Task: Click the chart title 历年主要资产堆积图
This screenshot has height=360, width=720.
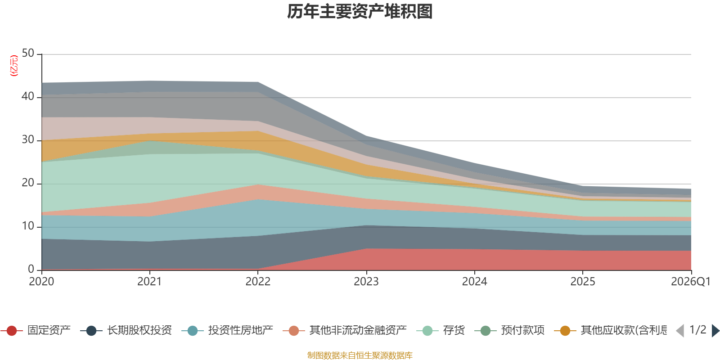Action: tap(360, 12)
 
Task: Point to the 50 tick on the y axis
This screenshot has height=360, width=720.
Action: tap(28, 53)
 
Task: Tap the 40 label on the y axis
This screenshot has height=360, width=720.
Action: tap(28, 96)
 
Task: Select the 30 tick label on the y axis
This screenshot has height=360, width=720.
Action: tap(28, 139)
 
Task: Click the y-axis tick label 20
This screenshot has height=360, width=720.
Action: tap(28, 183)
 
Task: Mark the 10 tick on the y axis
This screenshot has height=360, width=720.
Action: tap(28, 226)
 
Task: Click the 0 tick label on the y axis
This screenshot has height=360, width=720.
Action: tap(31, 269)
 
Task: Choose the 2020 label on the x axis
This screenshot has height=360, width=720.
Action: tap(41, 282)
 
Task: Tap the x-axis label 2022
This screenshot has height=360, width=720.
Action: tap(258, 282)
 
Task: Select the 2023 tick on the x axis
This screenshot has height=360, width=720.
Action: tap(366, 282)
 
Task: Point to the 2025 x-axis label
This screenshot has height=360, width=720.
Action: tap(583, 282)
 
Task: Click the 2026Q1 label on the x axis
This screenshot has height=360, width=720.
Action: tap(691, 282)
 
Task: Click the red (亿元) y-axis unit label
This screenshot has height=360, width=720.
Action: tap(14, 66)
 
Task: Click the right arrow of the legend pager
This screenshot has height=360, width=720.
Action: tap(715, 331)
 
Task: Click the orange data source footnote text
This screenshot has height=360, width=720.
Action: tap(360, 355)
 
